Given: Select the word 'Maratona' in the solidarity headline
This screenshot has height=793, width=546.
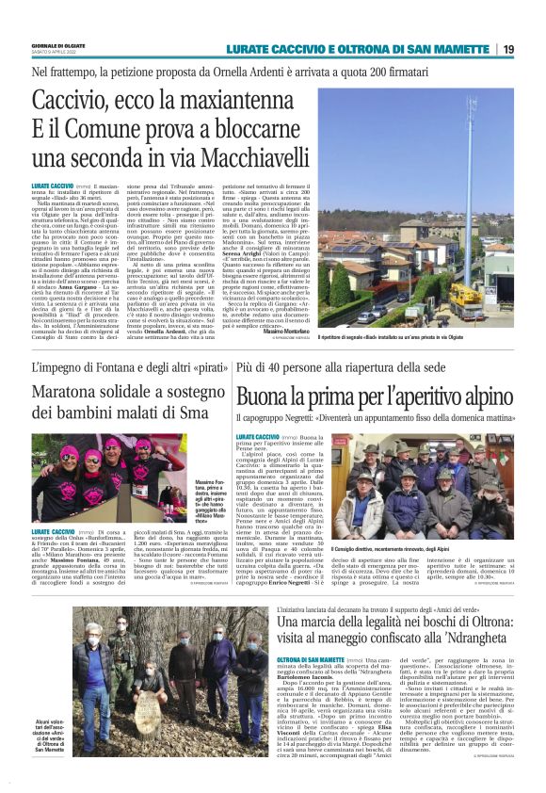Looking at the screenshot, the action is [x=72, y=395].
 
